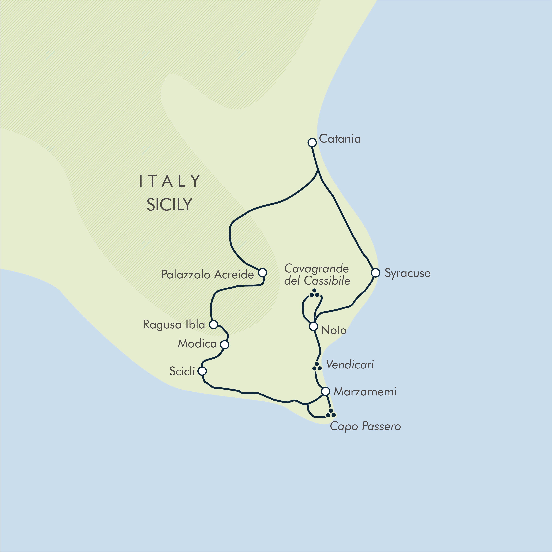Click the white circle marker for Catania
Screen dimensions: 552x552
312,142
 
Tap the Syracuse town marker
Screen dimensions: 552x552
375,273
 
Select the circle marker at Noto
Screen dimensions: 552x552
313,326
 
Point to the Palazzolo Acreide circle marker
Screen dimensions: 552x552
262,273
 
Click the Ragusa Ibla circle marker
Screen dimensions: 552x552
213,324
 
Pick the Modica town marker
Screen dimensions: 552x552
225,345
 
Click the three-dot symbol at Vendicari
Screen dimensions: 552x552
316,367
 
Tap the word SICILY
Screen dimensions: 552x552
169,205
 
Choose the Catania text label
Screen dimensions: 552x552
340,139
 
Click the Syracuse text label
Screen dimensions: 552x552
407,273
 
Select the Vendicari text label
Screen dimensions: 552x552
350,365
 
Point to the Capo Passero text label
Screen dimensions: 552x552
365,426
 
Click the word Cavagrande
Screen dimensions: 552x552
316,269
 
